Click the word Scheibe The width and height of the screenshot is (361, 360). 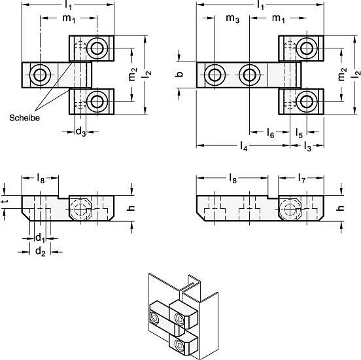24,118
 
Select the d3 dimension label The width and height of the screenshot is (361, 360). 80,132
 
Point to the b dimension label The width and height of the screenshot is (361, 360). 180,74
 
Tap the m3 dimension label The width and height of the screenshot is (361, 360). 233,18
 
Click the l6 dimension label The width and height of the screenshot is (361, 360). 271,133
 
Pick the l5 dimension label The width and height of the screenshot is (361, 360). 299,133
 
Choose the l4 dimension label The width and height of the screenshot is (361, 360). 243,146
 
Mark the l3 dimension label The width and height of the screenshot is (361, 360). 307,146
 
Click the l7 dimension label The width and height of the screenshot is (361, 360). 301,178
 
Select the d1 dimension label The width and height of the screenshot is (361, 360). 40,238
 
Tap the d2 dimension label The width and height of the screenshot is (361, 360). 41,251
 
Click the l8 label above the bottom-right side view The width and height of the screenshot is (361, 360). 233,178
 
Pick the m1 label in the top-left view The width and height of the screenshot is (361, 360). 69,18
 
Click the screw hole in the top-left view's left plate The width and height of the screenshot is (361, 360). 40,75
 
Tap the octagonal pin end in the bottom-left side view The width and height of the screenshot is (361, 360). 81,209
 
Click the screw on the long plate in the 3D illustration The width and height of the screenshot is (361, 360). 154,319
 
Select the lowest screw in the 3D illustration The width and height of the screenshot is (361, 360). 179,346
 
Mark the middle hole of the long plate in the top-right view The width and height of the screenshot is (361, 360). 250,75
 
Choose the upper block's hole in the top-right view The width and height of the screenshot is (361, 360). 307,48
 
